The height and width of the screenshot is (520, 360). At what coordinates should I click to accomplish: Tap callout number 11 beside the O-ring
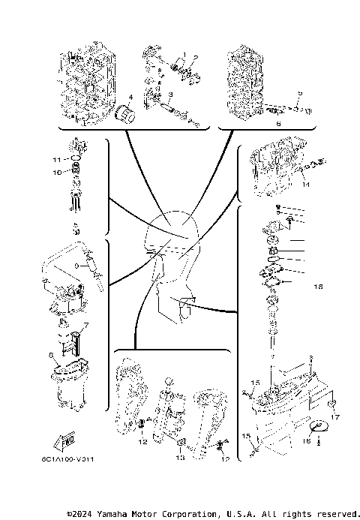pyautogui.click(x=55, y=160)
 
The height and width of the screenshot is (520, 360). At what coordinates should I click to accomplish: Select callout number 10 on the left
pyautogui.click(x=55, y=173)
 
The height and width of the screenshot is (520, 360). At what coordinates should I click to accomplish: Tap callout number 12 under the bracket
pyautogui.click(x=142, y=441)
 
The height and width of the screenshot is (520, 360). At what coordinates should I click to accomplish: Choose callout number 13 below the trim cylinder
pyautogui.click(x=179, y=456)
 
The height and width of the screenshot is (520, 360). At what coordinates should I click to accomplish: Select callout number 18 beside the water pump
pyautogui.click(x=317, y=287)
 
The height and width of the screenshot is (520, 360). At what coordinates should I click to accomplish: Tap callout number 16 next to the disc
pyautogui.click(x=305, y=442)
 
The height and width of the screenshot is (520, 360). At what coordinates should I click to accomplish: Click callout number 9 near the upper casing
pyautogui.click(x=76, y=266)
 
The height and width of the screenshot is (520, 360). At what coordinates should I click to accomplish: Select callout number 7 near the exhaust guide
pyautogui.click(x=85, y=326)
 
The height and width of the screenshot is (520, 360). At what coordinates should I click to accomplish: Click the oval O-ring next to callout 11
pyautogui.click(x=76, y=159)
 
